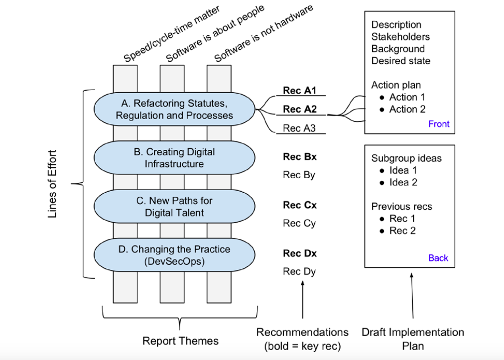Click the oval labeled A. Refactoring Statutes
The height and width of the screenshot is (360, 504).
pyautogui.click(x=174, y=110)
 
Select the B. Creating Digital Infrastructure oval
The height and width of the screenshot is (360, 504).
pyautogui.click(x=174, y=158)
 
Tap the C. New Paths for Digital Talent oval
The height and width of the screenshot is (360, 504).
pyautogui.click(x=174, y=207)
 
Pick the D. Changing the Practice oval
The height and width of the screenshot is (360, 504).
pyautogui.click(x=174, y=255)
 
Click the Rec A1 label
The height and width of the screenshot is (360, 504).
pyautogui.click(x=299, y=91)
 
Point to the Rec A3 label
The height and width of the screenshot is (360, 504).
pyautogui.click(x=299, y=128)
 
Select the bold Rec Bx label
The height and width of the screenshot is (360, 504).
pyautogui.click(x=299, y=157)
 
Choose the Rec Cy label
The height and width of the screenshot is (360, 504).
pyautogui.click(x=299, y=223)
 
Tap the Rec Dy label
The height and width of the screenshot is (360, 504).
pyautogui.click(x=299, y=271)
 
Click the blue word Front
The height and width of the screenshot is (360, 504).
pyautogui.click(x=439, y=124)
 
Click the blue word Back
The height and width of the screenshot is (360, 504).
pyautogui.click(x=438, y=258)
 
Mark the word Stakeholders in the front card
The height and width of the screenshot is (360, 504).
pyautogui.click(x=400, y=37)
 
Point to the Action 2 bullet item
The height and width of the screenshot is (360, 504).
pyautogui.click(x=407, y=109)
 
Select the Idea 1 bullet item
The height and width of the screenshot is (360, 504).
pyautogui.click(x=403, y=170)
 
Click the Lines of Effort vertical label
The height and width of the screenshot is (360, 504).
pyautogui.click(x=52, y=184)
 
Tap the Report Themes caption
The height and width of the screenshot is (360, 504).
pyautogui.click(x=180, y=341)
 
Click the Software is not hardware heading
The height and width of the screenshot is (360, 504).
pyautogui.click(x=264, y=34)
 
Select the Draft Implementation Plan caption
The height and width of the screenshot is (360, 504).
pyautogui.click(x=413, y=339)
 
